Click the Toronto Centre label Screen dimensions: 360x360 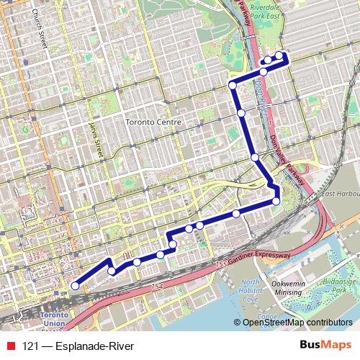pyautogui.click(x=152, y=122)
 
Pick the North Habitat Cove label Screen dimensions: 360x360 pyautogui.click(x=251, y=290)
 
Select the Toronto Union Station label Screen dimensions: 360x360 pyautogui.click(x=54, y=321)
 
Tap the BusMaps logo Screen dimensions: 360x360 pyautogui.click(x=326, y=346)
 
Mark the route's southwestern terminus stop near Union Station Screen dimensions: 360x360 pyautogui.click(x=75, y=286)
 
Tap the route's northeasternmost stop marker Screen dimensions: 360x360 pyautogui.click(x=279, y=55)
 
